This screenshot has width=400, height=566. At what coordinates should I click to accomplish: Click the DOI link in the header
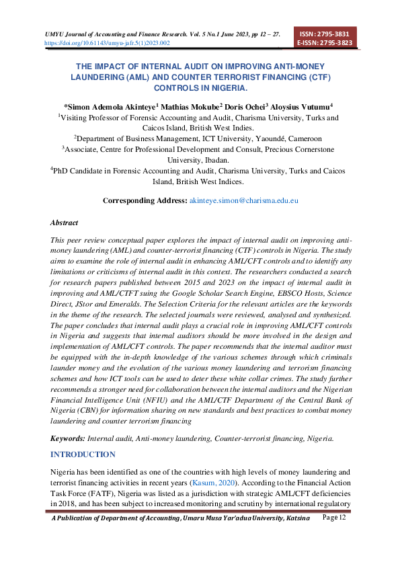pos(107,42)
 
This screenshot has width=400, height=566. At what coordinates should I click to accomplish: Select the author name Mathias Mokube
pos(191,106)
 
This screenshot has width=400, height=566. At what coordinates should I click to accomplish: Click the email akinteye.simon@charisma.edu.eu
pos(244,200)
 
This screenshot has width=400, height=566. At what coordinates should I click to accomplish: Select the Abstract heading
pos(65,223)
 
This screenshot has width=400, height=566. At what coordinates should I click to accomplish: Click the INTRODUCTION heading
pos(83,454)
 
